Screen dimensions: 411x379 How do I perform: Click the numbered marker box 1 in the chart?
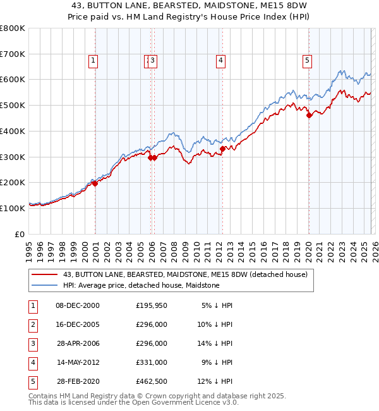click(x=93, y=61)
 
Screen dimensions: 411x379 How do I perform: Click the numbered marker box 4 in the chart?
click(x=221, y=61)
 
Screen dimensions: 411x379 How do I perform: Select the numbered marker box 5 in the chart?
click(x=307, y=61)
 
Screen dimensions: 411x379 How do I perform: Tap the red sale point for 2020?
click(x=309, y=115)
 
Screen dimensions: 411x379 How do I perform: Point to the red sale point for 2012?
click(x=222, y=149)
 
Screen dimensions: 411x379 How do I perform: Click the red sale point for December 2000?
click(x=95, y=183)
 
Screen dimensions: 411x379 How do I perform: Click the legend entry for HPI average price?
click(x=141, y=285)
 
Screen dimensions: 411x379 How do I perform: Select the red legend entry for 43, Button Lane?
click(x=184, y=274)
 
